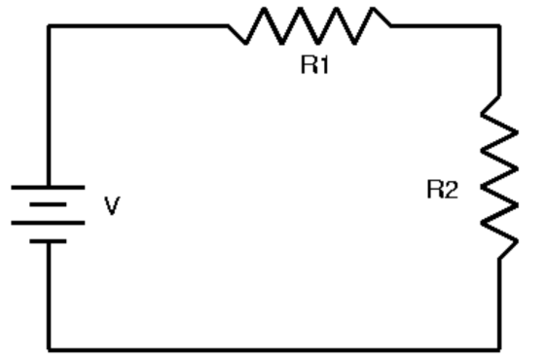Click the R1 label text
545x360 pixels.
pos(314,65)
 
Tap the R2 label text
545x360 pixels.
pos(443,190)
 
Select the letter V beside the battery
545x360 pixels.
pos(112,205)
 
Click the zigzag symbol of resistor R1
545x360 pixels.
pos(309,25)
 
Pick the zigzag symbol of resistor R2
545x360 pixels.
pos(500,177)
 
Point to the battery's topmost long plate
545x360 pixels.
pos(48,188)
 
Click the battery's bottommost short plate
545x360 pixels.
pos(48,241)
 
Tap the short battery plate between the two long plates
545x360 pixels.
pos(48,204)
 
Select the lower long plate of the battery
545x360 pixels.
pos(48,223)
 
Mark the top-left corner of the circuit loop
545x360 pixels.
pos(49,26)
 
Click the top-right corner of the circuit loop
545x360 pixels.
pos(499,26)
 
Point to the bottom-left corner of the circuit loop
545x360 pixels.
pos(49,349)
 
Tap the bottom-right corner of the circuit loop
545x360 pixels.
pos(499,349)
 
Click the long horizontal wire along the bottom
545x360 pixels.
pos(273,349)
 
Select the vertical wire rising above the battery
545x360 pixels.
pos(49,106)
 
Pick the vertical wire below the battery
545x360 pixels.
pos(49,296)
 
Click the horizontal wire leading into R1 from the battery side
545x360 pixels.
pos(137,26)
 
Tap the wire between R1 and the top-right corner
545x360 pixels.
pos(446,26)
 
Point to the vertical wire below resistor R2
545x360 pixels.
pos(499,305)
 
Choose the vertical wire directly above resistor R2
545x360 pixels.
pos(499,61)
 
